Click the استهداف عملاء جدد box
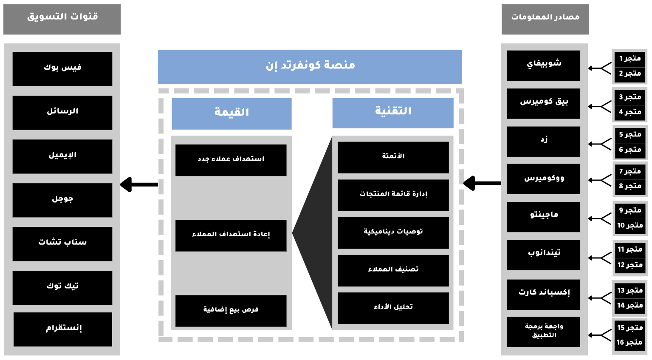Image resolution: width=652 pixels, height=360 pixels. point(231,160)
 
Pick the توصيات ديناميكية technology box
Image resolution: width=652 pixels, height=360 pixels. point(393,232)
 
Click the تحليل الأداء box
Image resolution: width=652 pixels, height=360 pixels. point(393,308)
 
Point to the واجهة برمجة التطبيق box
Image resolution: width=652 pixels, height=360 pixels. point(544,332)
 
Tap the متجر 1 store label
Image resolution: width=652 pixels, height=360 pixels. point(629,59)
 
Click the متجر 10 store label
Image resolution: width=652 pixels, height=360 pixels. point(629,226)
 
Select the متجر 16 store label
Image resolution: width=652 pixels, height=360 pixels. point(629,343)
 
